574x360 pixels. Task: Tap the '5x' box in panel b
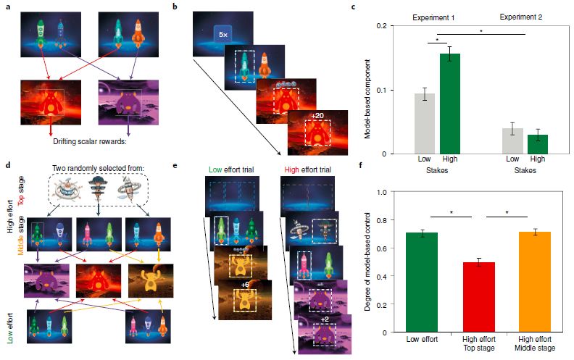click(x=220, y=33)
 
